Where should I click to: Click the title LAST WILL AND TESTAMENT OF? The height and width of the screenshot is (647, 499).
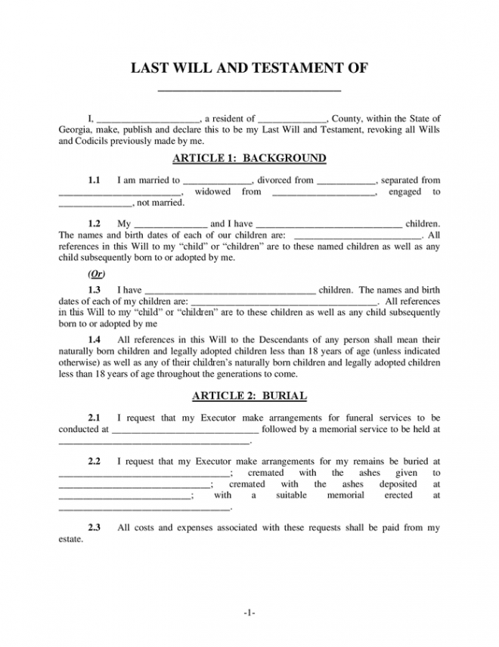249,69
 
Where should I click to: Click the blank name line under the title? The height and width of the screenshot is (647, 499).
249,89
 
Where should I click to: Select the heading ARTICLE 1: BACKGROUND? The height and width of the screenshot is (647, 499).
249,158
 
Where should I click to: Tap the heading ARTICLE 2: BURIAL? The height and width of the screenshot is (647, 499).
249,396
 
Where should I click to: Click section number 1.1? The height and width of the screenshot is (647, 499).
95,181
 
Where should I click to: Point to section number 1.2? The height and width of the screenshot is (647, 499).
95,224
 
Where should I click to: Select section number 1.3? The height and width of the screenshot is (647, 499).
95,290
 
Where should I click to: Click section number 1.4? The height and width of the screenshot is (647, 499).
95,339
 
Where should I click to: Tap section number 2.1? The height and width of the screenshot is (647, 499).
95,418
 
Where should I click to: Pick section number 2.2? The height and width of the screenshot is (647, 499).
95,461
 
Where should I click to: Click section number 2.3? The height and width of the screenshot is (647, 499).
95,527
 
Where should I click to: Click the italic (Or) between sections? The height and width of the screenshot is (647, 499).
95,274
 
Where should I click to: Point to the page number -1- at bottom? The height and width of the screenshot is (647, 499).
249,612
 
